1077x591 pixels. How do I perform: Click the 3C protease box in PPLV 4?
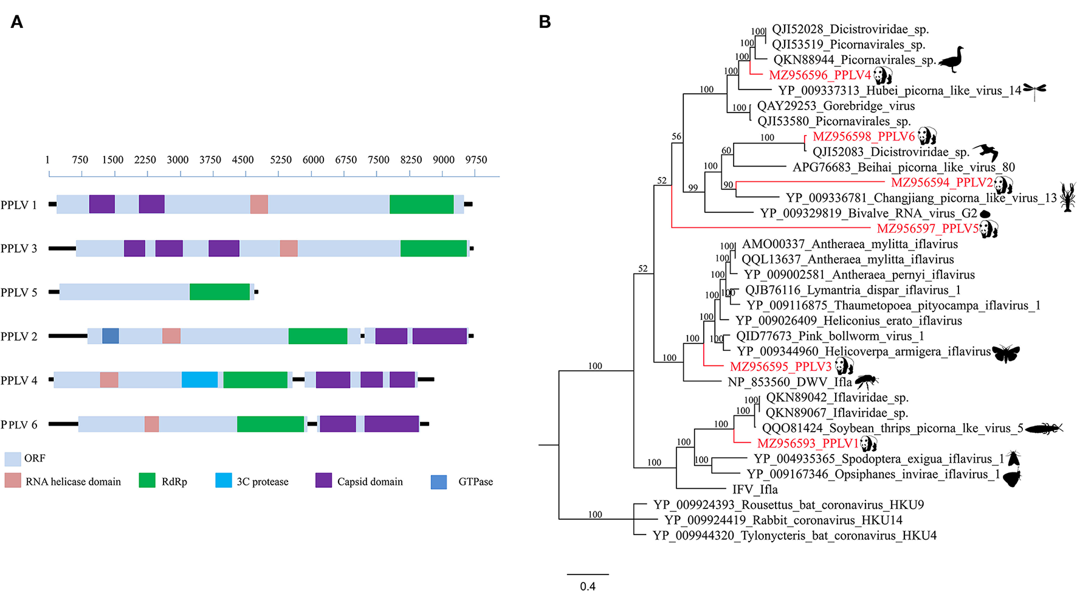[x=199, y=380]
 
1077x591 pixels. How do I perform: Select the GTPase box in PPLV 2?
[x=111, y=336]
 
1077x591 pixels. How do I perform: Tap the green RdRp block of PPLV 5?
[x=219, y=292]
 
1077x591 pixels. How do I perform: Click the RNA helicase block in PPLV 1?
[x=259, y=204]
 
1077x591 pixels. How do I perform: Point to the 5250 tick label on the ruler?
[x=280, y=160]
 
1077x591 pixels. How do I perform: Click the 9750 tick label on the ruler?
[x=476, y=160]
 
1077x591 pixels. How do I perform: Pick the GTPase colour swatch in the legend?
[x=439, y=482]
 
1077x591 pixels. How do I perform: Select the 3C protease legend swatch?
[x=224, y=481]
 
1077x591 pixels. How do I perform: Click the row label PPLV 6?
[x=19, y=424]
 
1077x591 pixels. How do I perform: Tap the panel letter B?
[x=545, y=22]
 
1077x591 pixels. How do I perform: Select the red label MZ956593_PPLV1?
[x=808, y=443]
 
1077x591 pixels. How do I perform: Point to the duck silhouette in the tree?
[x=951, y=59]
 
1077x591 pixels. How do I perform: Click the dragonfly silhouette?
[x=1034, y=91]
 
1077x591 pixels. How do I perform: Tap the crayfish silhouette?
[x=1067, y=196]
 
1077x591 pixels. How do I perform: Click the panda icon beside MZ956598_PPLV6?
[x=927, y=136]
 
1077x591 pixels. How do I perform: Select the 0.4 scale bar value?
[x=588, y=586]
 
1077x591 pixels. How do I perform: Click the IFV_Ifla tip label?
[x=755, y=489]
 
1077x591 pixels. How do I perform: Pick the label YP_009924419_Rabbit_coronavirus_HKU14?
[x=783, y=520]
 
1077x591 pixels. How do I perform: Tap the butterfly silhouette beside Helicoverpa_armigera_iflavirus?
[x=1005, y=353]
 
